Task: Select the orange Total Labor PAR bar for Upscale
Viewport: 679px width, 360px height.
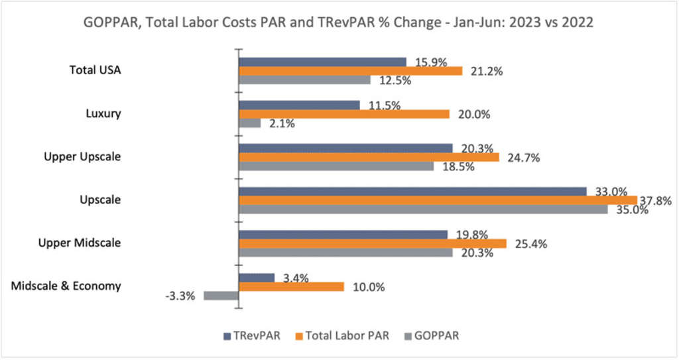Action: click(x=438, y=200)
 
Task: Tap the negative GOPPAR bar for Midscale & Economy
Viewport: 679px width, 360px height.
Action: click(x=221, y=296)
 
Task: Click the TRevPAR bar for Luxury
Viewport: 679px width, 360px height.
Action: click(x=299, y=105)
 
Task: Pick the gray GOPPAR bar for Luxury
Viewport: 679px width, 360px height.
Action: click(x=250, y=123)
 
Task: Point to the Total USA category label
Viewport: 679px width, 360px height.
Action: click(x=95, y=70)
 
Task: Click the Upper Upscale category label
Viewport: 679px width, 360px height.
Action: click(x=82, y=156)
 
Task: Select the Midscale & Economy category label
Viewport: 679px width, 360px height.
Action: click(x=66, y=286)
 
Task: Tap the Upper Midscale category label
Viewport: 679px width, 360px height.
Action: click(x=79, y=243)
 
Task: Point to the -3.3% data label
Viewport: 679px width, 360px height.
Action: click(x=179, y=296)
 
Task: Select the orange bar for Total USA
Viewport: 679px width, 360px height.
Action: click(x=350, y=71)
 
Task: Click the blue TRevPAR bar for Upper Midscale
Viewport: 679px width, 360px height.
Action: click(x=343, y=234)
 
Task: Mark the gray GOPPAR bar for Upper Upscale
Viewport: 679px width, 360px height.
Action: click(x=336, y=166)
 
